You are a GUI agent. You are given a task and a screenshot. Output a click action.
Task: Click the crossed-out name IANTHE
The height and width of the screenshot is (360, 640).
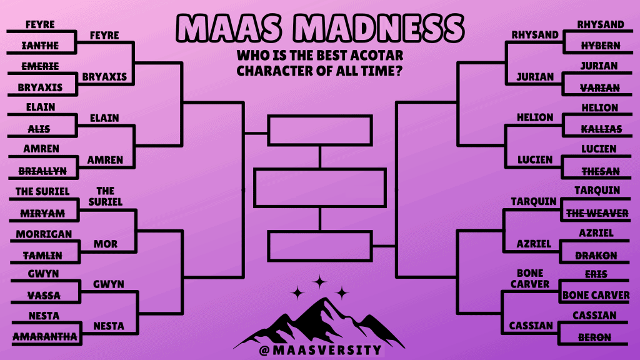pyautogui.click(x=40, y=45)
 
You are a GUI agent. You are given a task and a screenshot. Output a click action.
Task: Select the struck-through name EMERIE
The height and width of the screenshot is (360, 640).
pyautogui.click(x=40, y=66)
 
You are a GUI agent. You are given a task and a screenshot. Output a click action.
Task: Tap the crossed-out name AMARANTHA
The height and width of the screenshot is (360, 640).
pyautogui.click(x=45, y=336)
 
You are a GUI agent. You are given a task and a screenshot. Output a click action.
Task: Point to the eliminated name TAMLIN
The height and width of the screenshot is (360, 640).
pyautogui.click(x=43, y=256)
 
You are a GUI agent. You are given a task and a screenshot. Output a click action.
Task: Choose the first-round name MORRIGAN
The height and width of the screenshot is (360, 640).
pyautogui.click(x=44, y=234)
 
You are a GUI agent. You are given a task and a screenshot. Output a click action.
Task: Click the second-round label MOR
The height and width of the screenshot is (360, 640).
pyautogui.click(x=105, y=244)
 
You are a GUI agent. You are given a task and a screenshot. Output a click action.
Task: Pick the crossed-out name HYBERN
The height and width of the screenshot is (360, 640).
pyautogui.click(x=601, y=46)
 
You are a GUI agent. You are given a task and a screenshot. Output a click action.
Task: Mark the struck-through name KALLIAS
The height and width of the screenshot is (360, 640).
pyautogui.click(x=601, y=129)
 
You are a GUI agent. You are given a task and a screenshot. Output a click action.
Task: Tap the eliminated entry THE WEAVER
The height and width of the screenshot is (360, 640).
pyautogui.click(x=597, y=213)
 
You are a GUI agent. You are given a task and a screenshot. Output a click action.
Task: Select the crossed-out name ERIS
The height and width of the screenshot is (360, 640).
pyautogui.click(x=596, y=274)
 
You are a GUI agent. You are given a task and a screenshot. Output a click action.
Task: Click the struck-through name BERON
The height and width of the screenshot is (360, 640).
pyautogui.click(x=594, y=337)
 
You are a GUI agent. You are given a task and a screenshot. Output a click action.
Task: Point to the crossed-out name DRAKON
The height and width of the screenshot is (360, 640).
pyautogui.click(x=596, y=256)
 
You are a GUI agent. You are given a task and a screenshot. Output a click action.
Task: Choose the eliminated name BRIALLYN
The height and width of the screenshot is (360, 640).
pyautogui.click(x=42, y=171)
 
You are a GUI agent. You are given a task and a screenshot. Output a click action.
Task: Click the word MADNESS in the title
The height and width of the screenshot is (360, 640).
pyautogui.click(x=379, y=28)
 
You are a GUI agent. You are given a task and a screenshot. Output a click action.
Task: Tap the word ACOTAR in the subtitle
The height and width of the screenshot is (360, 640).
pyautogui.click(x=377, y=55)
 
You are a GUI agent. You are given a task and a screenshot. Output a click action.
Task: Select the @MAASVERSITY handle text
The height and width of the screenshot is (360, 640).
pyautogui.click(x=321, y=350)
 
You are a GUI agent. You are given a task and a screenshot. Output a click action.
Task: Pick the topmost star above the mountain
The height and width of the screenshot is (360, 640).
pyautogui.click(x=319, y=282)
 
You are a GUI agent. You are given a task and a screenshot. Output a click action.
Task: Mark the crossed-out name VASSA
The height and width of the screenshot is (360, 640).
pyautogui.click(x=44, y=295)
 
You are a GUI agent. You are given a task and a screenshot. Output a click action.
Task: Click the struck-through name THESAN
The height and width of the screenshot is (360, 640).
pyautogui.click(x=601, y=171)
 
